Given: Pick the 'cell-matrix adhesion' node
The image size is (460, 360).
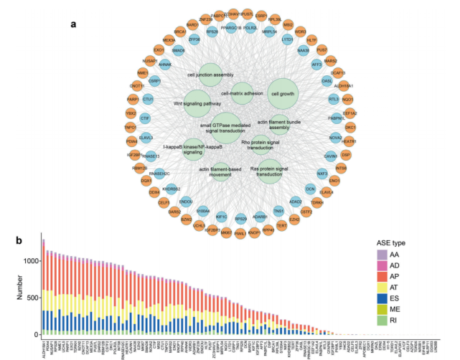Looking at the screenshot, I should [x=243, y=93].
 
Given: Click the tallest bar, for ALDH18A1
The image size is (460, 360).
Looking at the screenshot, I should [x=44, y=287].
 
